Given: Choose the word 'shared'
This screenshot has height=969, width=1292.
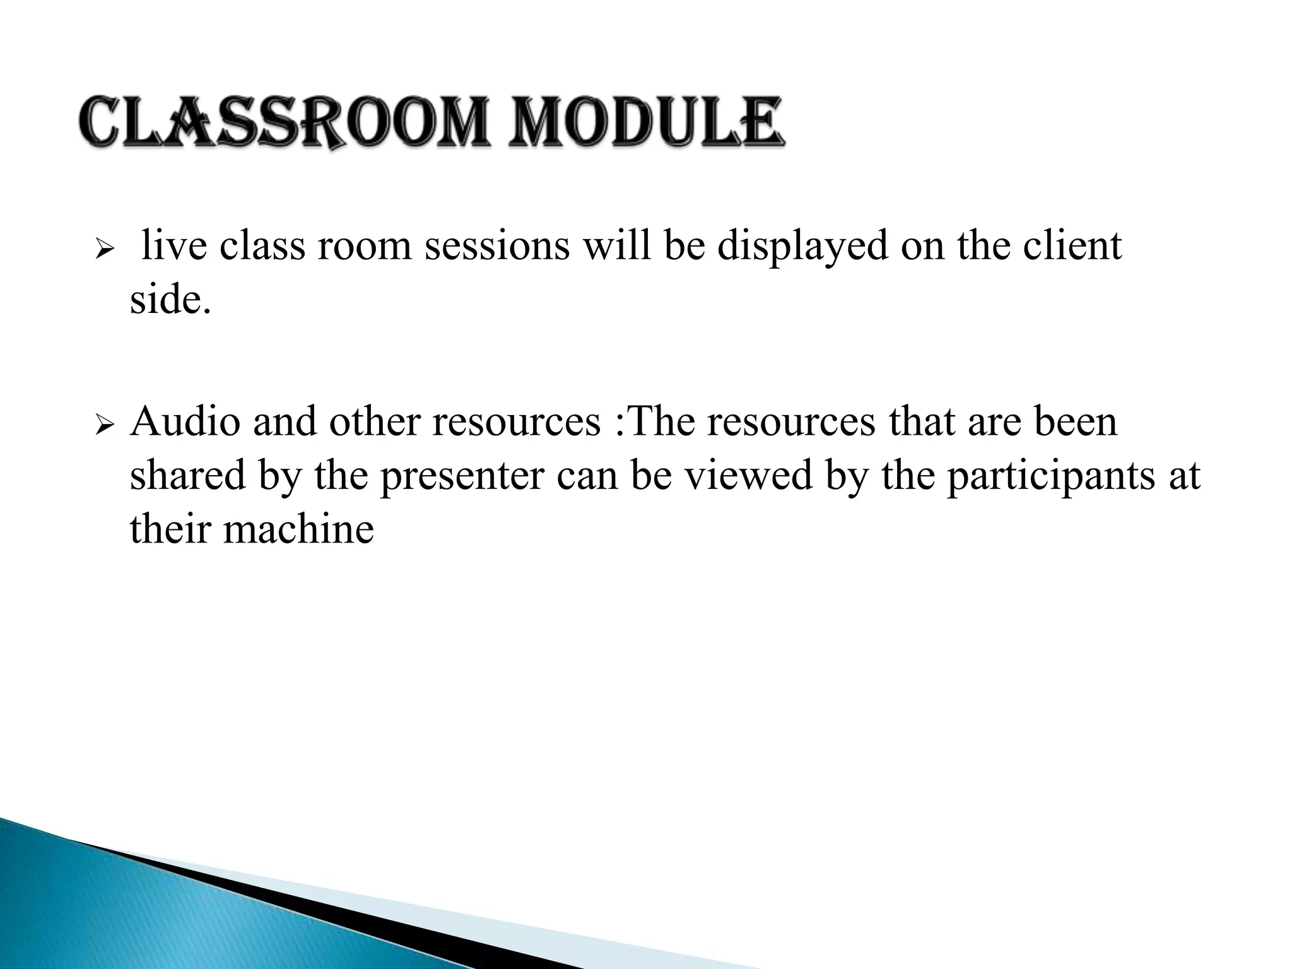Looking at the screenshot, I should click(x=187, y=475).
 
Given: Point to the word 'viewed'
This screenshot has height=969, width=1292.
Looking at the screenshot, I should click(x=748, y=475).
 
